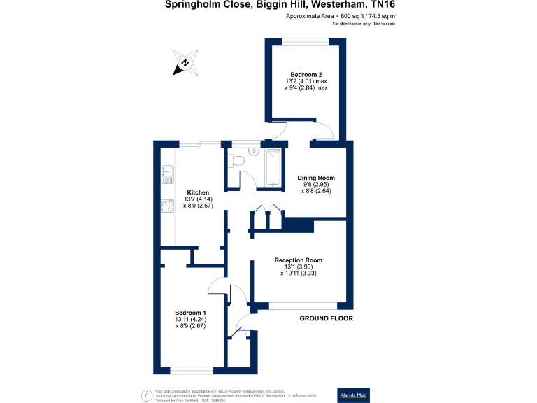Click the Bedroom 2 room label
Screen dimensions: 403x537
[305, 74]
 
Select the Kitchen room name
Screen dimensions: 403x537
[197, 192]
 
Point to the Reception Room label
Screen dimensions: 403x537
[299, 260]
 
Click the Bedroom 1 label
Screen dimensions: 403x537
[190, 312]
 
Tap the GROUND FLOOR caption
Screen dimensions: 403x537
[326, 318]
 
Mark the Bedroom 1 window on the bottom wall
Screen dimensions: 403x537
[190, 371]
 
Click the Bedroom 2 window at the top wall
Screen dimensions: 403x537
[305, 41]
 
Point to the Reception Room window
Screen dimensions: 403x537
[302, 305]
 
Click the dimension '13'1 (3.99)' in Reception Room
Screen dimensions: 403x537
[299, 267]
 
